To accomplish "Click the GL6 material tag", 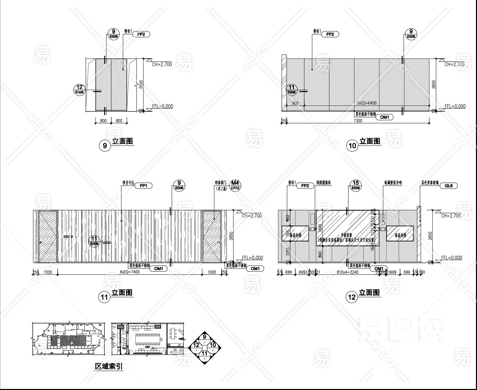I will coord(448,186).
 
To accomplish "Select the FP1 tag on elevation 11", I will coord(143,186).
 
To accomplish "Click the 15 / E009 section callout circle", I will coord(356,185).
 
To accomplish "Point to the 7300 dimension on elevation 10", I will coord(358,121).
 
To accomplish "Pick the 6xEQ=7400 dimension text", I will coord(130,272).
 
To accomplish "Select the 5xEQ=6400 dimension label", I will coord(366,103).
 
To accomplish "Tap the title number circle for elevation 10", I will coord(353,146).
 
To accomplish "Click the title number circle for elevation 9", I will coord(105,146).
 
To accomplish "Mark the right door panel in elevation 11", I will coord(212,236).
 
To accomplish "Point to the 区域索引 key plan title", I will coord(109,367).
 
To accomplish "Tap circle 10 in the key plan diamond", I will coord(213,345).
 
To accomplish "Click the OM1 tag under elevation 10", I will coord(384,117).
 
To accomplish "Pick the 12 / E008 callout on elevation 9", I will coord(80,89).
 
